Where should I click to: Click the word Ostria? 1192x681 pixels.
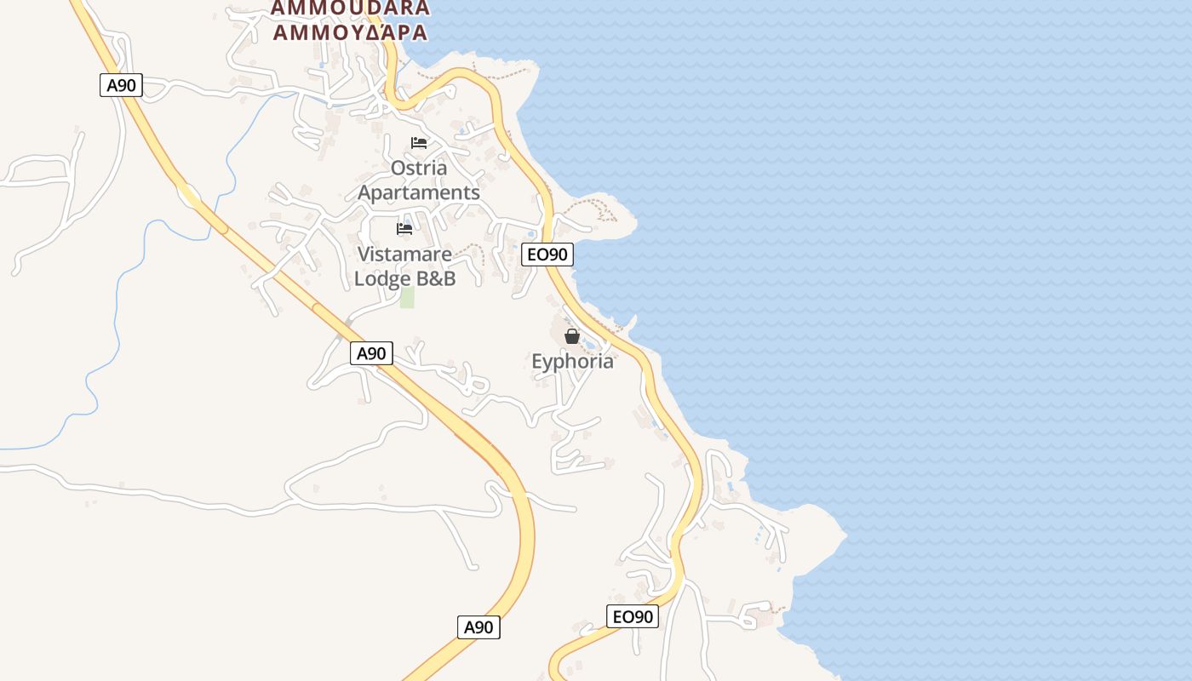click(x=418, y=168)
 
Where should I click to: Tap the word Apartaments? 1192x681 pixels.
click(x=418, y=192)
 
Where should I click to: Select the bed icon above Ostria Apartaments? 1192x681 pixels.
click(x=418, y=142)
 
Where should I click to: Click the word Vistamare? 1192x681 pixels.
click(x=404, y=254)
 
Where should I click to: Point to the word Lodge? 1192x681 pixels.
click(x=383, y=278)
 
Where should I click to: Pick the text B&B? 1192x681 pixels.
click(x=436, y=278)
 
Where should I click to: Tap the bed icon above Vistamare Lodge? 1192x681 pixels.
click(x=404, y=228)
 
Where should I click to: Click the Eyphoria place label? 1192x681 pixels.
click(x=572, y=362)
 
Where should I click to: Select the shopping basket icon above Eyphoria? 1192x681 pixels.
click(x=572, y=336)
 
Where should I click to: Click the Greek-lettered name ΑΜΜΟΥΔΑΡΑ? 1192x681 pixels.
click(x=349, y=32)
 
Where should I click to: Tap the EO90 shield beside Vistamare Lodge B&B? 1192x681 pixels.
click(x=547, y=254)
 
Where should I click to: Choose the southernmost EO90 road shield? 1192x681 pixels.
click(x=633, y=616)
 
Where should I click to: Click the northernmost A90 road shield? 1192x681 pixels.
click(x=121, y=85)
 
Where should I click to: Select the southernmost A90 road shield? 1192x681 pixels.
click(x=479, y=627)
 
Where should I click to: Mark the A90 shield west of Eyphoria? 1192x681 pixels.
click(x=371, y=353)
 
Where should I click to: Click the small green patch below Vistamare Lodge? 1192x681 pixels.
click(x=407, y=297)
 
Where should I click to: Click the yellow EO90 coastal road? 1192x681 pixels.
click(x=673, y=417)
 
